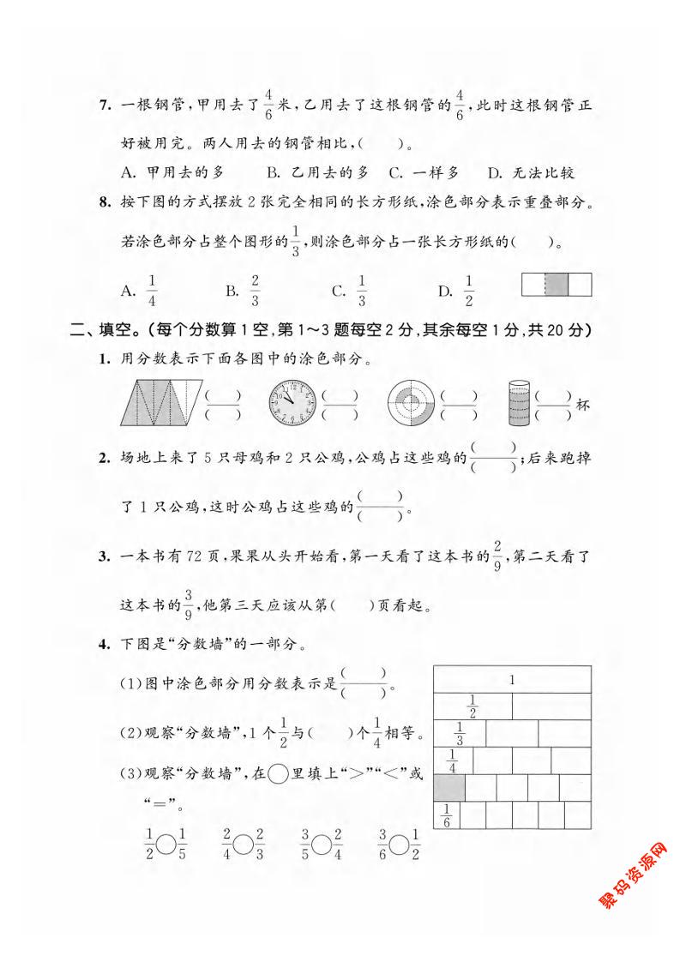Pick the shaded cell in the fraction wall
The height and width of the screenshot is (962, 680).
tap(450, 786)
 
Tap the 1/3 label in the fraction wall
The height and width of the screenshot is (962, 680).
tap(460, 734)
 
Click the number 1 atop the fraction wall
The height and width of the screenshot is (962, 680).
tap(511, 680)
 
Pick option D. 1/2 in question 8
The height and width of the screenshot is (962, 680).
tap(456, 291)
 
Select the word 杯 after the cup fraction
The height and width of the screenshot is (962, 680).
tap(584, 404)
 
